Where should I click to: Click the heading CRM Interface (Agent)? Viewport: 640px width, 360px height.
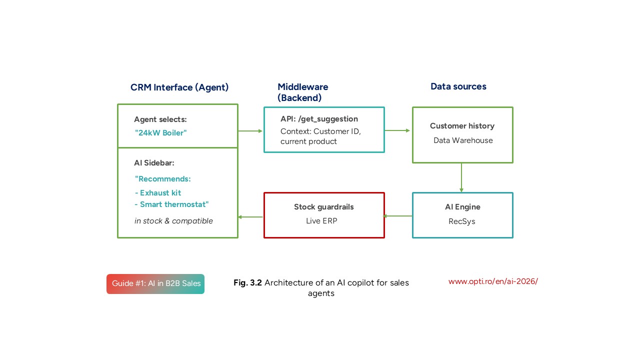pos(179,87)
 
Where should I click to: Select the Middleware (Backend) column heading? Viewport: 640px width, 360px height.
pos(303,92)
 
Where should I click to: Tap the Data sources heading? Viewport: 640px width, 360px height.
pos(458,86)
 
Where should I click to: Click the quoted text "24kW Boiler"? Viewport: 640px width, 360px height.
pos(161,133)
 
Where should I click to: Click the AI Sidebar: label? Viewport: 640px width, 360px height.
pos(154,163)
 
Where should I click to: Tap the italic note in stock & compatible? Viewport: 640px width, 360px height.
pos(173,221)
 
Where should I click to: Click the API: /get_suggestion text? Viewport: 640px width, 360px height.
pos(319,119)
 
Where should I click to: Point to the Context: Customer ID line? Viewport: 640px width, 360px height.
pos(320,131)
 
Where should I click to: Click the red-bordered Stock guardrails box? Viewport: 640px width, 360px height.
pos(324,215)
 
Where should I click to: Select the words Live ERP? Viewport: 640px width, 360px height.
pos(321,221)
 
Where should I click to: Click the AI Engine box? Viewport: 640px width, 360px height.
pos(462,215)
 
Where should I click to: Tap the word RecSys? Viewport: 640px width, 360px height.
pos(462,221)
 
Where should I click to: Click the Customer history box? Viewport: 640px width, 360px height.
pos(462,134)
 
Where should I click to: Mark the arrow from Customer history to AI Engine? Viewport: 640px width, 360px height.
pos(461,177)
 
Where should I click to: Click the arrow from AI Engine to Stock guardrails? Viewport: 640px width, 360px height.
pos(398,216)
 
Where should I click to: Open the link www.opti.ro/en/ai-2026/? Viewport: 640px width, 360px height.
pos(492,281)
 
